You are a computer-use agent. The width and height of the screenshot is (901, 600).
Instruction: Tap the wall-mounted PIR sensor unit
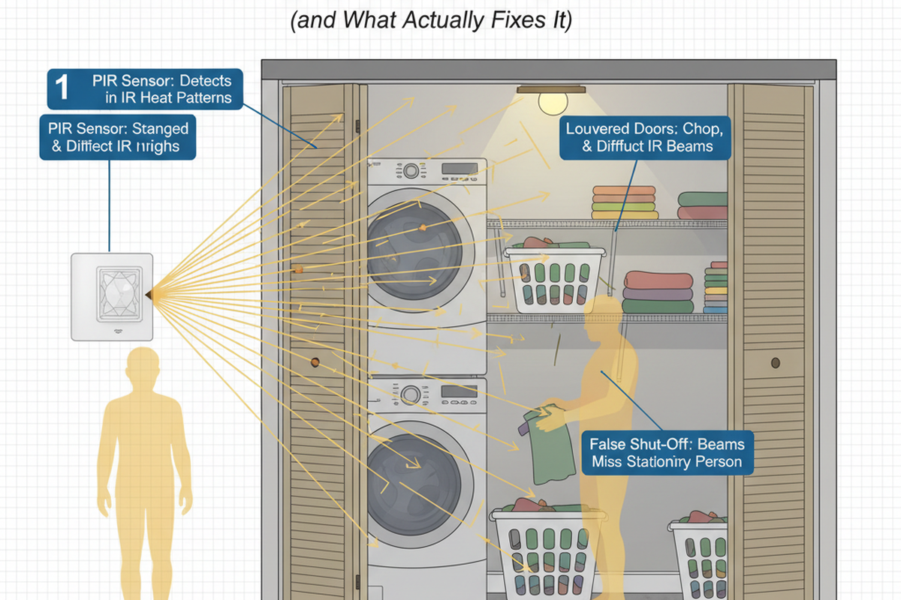coord(112,296)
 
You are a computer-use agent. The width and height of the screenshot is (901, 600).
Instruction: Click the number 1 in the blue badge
coord(62,88)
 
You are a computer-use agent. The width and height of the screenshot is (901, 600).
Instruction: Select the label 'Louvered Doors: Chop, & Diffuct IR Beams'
coord(645,137)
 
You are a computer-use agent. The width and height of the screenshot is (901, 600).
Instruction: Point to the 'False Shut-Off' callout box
coord(666,451)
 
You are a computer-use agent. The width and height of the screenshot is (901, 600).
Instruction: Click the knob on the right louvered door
coord(776,364)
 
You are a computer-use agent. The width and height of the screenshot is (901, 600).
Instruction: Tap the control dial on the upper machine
coord(411,171)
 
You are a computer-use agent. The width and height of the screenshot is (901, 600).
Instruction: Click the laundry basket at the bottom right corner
coord(700,555)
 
